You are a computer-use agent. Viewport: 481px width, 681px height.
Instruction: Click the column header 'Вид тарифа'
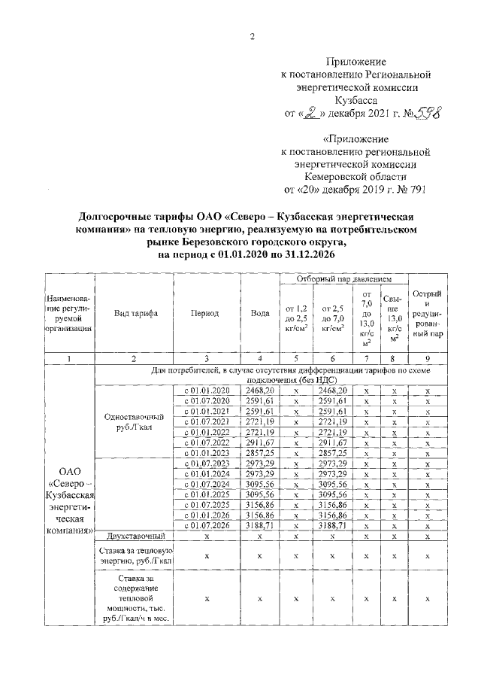pos(135,313)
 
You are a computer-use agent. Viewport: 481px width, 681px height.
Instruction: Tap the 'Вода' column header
pos(259,313)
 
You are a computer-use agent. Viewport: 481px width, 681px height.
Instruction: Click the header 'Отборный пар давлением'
pos(340,280)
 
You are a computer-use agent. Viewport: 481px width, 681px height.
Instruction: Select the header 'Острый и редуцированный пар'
pos(427,313)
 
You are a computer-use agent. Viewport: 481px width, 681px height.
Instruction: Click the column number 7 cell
pos(366,358)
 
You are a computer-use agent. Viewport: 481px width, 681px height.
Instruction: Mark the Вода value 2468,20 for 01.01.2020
pos(259,391)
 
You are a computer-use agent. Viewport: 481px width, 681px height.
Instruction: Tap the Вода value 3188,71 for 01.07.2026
pos(259,525)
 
